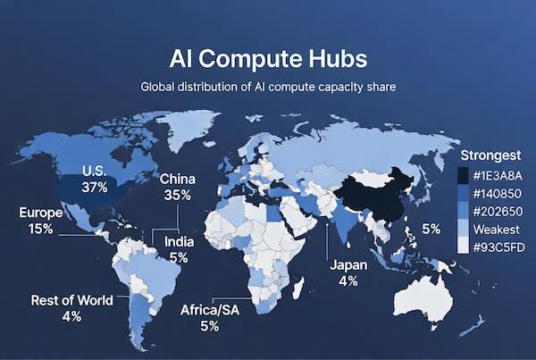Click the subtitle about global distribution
(x=268, y=88)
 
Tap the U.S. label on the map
(x=94, y=171)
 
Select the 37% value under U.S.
(x=94, y=187)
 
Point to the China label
(x=177, y=179)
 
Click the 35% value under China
(x=177, y=195)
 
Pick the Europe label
(x=40, y=213)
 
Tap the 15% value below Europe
(x=40, y=229)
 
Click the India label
(x=178, y=241)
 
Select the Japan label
(x=348, y=265)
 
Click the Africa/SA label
(x=209, y=311)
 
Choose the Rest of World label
(x=71, y=300)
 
